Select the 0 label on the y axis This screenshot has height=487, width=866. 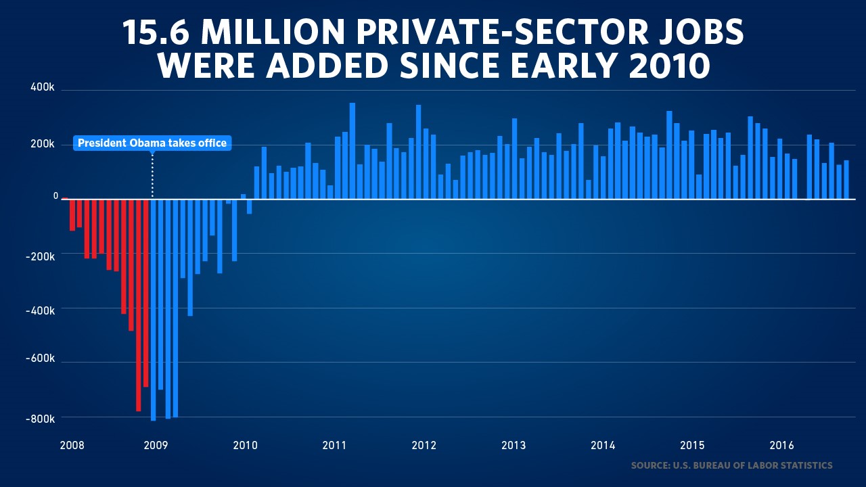[x=56, y=196]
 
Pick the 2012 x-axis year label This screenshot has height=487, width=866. [x=424, y=445]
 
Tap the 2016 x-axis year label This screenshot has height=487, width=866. [x=781, y=445]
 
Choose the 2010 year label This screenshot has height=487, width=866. [x=245, y=445]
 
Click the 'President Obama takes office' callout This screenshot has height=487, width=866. [x=152, y=143]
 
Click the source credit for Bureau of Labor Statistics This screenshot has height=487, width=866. [x=731, y=465]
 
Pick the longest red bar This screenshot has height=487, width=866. [x=138, y=305]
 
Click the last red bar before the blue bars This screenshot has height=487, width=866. [x=145, y=293]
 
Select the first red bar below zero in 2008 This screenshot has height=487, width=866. [x=72, y=215]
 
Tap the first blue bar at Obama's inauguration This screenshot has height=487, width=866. [x=153, y=310]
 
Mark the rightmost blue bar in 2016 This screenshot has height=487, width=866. [x=846, y=180]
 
